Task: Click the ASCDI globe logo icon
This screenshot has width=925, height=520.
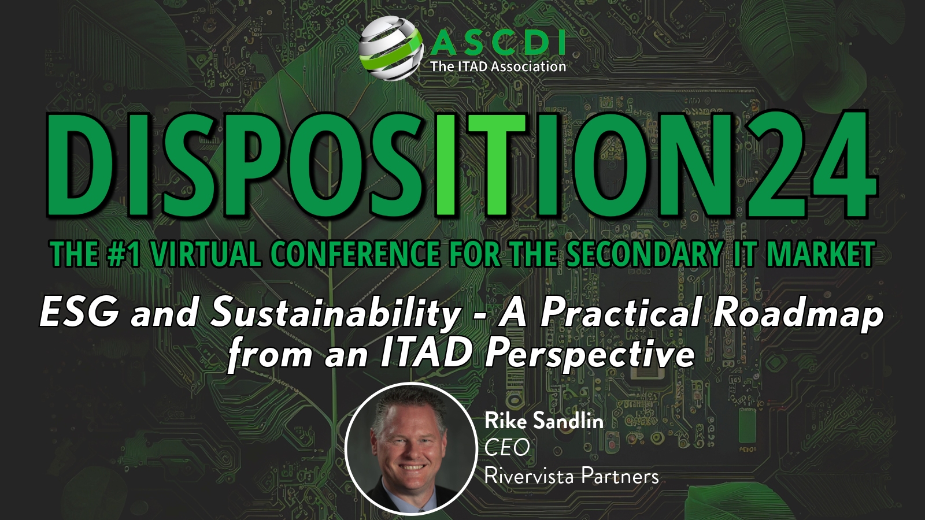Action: click(x=391, y=48)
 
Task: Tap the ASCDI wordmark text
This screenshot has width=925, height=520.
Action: click(x=498, y=42)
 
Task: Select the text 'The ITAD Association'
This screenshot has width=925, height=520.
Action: click(x=498, y=66)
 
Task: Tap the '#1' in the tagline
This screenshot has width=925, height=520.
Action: click(x=123, y=255)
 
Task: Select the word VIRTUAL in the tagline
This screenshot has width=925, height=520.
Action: click(x=206, y=255)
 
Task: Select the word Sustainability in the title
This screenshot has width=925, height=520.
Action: click(x=335, y=313)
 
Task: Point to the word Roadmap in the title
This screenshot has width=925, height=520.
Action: click(x=798, y=313)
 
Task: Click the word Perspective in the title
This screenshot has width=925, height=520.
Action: click(x=590, y=354)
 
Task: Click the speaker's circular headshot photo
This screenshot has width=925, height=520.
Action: click(x=410, y=448)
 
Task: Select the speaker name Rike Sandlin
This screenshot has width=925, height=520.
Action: click(x=543, y=421)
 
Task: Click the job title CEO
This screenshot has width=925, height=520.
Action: click(x=507, y=447)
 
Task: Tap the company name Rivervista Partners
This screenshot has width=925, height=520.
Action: click(x=571, y=476)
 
